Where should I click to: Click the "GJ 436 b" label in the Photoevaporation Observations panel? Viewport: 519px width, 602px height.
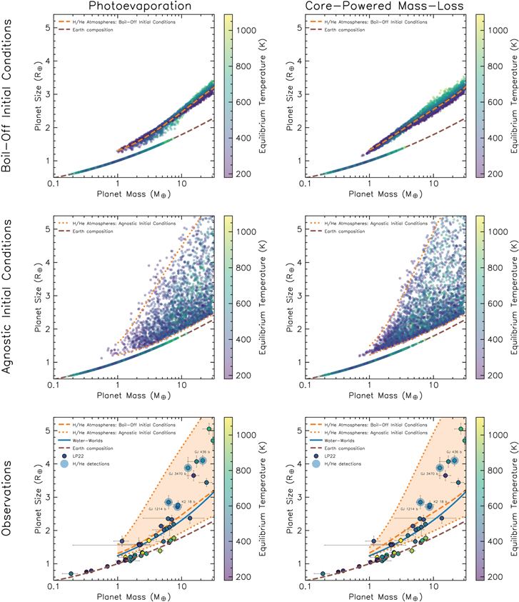[201, 451]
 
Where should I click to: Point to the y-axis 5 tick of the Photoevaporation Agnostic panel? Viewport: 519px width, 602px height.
[46, 229]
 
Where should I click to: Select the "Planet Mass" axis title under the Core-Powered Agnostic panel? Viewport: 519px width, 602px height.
[386, 396]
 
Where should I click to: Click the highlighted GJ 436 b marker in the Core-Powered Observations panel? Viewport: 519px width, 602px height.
[454, 461]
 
